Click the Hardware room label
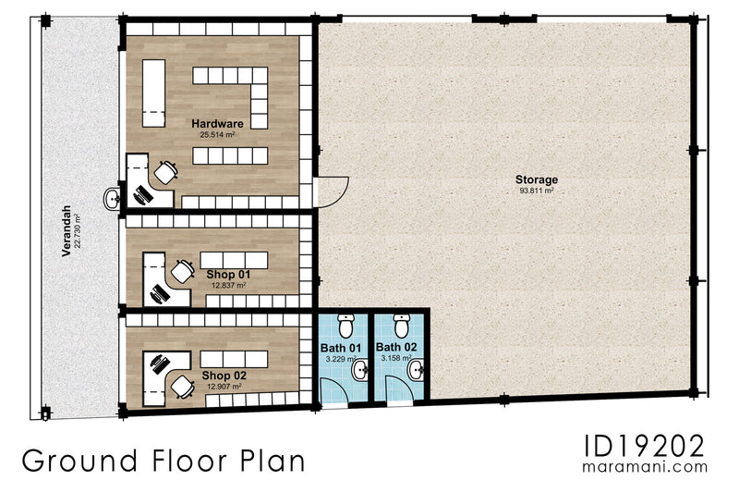point(217,123)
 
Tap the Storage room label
point(537,179)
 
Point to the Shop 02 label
point(223,376)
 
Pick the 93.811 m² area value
point(537,191)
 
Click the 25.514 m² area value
point(217,134)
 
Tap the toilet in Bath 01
point(346,326)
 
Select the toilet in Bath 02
point(401,326)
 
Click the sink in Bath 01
point(361,371)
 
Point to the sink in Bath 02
point(415,371)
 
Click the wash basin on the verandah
point(114,197)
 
